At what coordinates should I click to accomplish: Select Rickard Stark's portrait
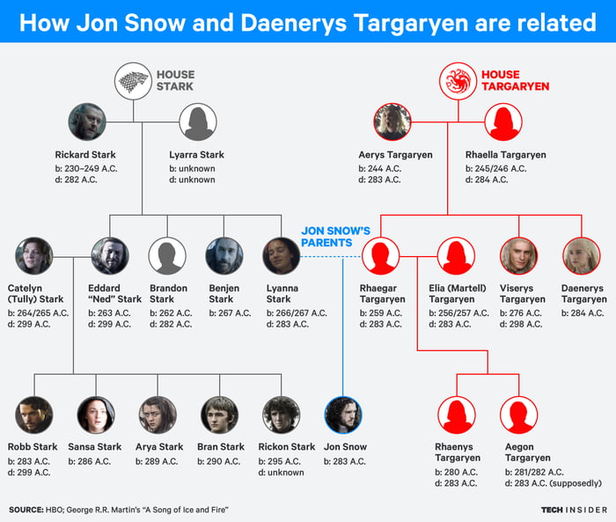[x=87, y=122]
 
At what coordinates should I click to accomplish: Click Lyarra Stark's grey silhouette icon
[x=198, y=122]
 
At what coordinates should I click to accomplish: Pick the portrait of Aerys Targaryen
[x=392, y=122]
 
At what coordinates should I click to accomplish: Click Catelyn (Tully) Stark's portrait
[x=33, y=255]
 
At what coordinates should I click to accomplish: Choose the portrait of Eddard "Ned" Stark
[x=110, y=255]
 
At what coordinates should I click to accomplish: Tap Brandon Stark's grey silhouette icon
[x=167, y=255]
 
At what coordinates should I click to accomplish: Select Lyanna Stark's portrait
[x=282, y=255]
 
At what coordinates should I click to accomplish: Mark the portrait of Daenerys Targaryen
[x=581, y=255]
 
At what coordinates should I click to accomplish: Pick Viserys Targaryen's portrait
[x=518, y=255]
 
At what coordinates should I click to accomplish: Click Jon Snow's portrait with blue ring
[x=343, y=415]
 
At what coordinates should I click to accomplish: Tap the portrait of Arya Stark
[x=158, y=415]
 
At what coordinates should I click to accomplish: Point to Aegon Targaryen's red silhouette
[x=518, y=415]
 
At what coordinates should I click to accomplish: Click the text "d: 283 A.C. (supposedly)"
[x=553, y=482]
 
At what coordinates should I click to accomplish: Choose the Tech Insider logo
[x=573, y=509]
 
